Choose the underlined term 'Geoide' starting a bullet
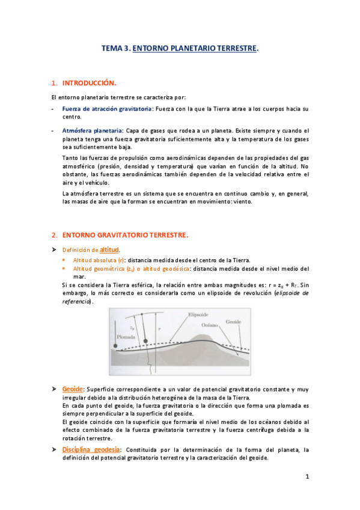pos(72,390)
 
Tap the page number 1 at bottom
pos(307,477)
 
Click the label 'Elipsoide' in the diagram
pos(198,315)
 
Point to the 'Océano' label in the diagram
pos(213,324)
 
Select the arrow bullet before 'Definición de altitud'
pos(54,249)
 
